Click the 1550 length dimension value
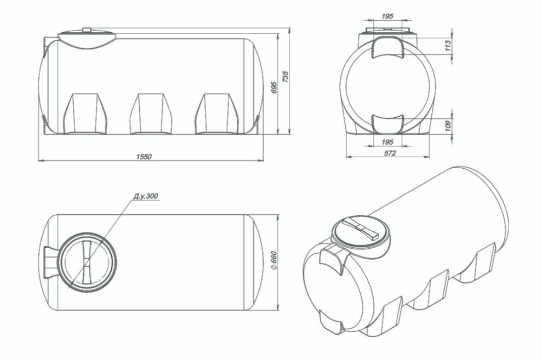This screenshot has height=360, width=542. click(144, 157)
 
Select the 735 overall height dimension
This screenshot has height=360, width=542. click(286, 77)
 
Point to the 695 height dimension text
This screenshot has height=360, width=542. click(274, 88)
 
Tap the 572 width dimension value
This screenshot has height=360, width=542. click(390, 153)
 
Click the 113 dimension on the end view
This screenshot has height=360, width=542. click(448, 45)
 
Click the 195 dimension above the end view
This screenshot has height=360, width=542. click(388, 16)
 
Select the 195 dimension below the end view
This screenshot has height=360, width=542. click(388, 142)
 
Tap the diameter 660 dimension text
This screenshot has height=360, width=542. click(273, 260)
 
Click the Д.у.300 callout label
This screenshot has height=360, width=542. click(146, 196)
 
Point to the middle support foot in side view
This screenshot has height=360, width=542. click(151, 113)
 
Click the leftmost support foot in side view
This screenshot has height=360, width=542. click(85, 113)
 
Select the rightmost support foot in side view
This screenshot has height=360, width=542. click(216, 113)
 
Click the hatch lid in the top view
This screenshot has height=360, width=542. click(87, 261)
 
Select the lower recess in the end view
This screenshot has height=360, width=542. click(388, 124)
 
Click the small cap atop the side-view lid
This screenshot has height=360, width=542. click(87, 30)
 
